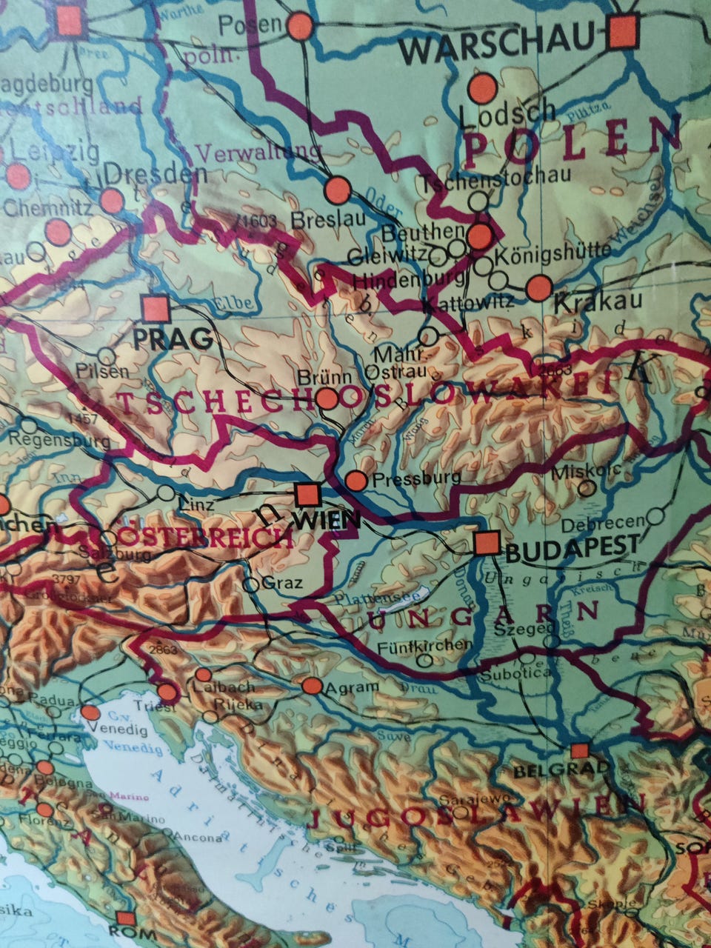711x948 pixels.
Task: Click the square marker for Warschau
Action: [x=623, y=31]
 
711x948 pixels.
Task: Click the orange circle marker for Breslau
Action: [x=338, y=190]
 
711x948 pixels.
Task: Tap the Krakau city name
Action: [x=587, y=304]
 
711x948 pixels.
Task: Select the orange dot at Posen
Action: [x=300, y=27]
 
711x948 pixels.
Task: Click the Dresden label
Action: [x=156, y=175]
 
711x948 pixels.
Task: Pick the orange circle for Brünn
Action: [x=327, y=398]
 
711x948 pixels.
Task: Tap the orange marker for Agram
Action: [x=313, y=686]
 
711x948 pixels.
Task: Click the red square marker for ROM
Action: [x=125, y=918]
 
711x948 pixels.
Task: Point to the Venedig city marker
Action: [x=90, y=712]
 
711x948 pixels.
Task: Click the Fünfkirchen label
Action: [x=424, y=644]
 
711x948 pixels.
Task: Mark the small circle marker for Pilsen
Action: [x=107, y=356]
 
